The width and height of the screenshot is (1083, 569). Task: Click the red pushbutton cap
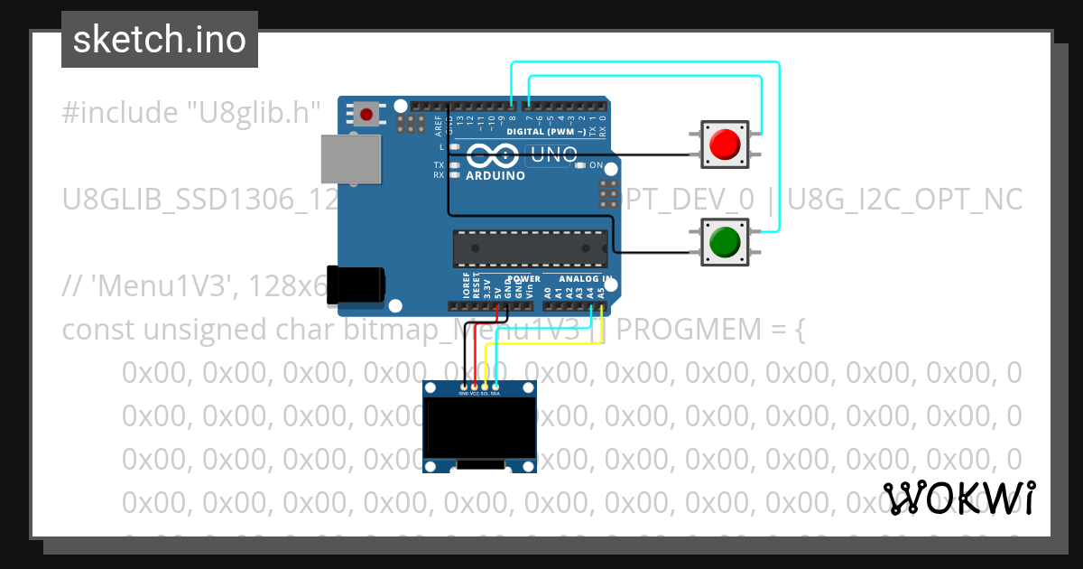pyautogui.click(x=725, y=145)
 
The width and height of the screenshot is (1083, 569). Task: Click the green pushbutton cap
pyautogui.click(x=725, y=242)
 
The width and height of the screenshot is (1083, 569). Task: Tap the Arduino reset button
pyautogui.click(x=366, y=115)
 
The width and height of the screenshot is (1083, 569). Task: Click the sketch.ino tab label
pyautogui.click(x=160, y=40)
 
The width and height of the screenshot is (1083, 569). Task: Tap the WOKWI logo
pyautogui.click(x=959, y=498)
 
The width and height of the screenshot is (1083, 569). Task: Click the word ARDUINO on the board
pyautogui.click(x=495, y=176)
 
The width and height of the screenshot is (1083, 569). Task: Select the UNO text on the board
pyautogui.click(x=551, y=155)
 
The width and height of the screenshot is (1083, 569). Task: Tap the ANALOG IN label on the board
pyautogui.click(x=586, y=279)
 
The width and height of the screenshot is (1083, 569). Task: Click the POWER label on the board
pyautogui.click(x=523, y=279)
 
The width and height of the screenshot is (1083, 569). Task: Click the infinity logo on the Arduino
pyautogui.click(x=493, y=155)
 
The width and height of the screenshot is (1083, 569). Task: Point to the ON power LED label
pyautogui.click(x=596, y=165)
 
